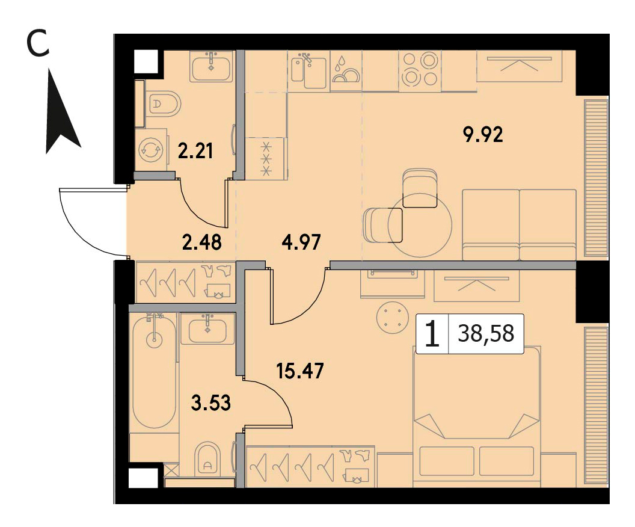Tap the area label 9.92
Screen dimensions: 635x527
pos(483,135)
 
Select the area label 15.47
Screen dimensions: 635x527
pos(300,371)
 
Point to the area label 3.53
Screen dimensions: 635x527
pos(210,402)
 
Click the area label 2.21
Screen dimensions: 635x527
pos(195,151)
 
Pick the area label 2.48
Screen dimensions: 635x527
pos(201,242)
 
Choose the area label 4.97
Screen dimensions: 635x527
pos(301,242)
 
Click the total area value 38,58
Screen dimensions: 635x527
pos(486,334)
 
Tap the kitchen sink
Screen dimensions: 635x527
pos(309,70)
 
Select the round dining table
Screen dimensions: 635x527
pos(420,225)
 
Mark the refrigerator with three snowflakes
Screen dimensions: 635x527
pos(266,158)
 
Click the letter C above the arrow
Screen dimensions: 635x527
pos(37,44)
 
